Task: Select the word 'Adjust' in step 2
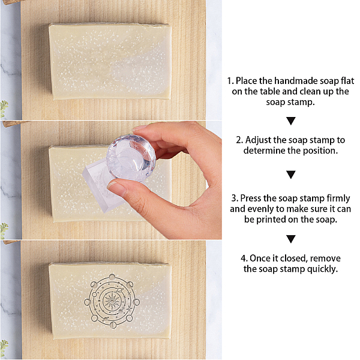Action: click(258, 140)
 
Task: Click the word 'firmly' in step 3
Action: click(338, 199)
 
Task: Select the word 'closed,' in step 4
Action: click(293, 258)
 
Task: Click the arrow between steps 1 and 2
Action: click(291, 121)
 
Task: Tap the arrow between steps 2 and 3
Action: click(291, 175)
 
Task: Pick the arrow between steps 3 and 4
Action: click(291, 239)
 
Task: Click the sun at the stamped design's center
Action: click(112, 301)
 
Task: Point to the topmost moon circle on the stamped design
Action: click(112, 277)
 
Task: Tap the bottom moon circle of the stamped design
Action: click(113, 325)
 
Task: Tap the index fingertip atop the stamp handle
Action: click(140, 128)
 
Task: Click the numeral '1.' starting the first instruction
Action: click(230, 81)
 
